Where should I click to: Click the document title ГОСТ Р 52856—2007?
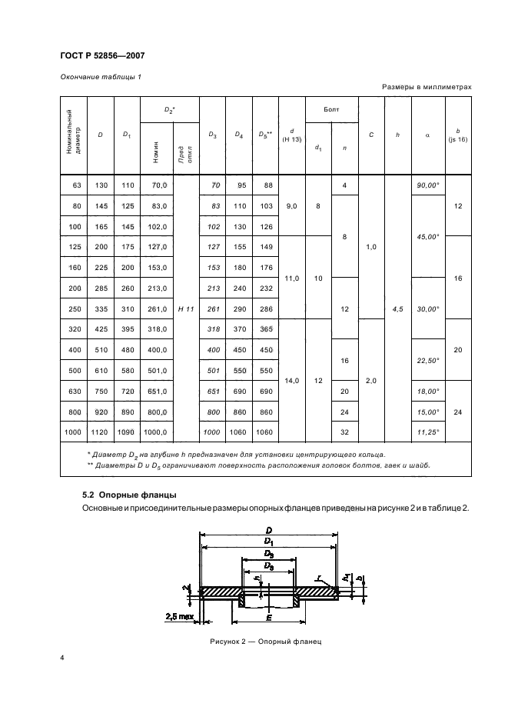(x=102, y=55)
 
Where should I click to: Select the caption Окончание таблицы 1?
(x=101, y=75)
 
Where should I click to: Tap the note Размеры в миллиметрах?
(x=427, y=88)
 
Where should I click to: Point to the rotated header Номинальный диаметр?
(x=73, y=135)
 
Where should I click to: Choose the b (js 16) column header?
(x=457, y=135)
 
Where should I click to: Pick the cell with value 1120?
(x=101, y=433)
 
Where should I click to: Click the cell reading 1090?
(x=127, y=433)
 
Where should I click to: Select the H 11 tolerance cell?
(x=185, y=308)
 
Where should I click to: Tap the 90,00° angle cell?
(x=427, y=185)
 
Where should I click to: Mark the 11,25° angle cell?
(x=427, y=433)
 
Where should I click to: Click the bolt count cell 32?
(x=344, y=433)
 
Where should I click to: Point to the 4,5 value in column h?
(x=397, y=308)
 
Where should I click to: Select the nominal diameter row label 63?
(x=74, y=185)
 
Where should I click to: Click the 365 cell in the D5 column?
(x=265, y=329)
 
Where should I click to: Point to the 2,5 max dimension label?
(x=179, y=617)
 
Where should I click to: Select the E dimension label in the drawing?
(x=268, y=617)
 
